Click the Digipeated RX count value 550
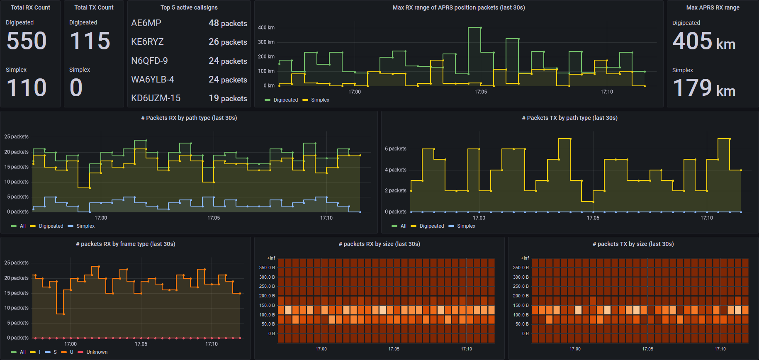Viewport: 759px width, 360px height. click(x=27, y=41)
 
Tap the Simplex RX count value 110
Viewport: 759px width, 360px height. click(x=27, y=88)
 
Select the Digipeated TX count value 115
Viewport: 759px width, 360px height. click(x=90, y=41)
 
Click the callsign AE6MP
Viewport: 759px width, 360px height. click(x=146, y=23)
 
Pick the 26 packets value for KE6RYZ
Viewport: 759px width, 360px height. click(x=228, y=42)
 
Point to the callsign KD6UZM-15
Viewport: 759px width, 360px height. click(x=156, y=98)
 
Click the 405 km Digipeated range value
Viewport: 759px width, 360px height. click(x=703, y=41)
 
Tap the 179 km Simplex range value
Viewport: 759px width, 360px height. click(x=703, y=88)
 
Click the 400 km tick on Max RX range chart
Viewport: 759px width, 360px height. click(x=266, y=28)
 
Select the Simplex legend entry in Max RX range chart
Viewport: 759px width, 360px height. click(x=320, y=100)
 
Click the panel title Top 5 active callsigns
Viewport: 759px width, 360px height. click(x=189, y=7)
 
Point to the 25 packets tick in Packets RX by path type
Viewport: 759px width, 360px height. click(x=16, y=137)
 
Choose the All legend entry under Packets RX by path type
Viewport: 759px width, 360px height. click(x=22, y=226)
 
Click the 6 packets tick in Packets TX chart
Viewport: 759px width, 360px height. click(x=395, y=149)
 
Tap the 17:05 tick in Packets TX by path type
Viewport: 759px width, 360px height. click(x=593, y=218)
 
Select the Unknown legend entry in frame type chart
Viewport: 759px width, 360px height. click(x=97, y=352)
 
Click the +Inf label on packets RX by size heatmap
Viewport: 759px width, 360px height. click(x=271, y=258)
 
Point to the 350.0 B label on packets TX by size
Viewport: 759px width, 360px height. click(x=521, y=268)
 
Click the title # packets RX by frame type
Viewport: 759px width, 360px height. click(x=125, y=244)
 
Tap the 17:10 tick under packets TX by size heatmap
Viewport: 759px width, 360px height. click(x=720, y=349)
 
